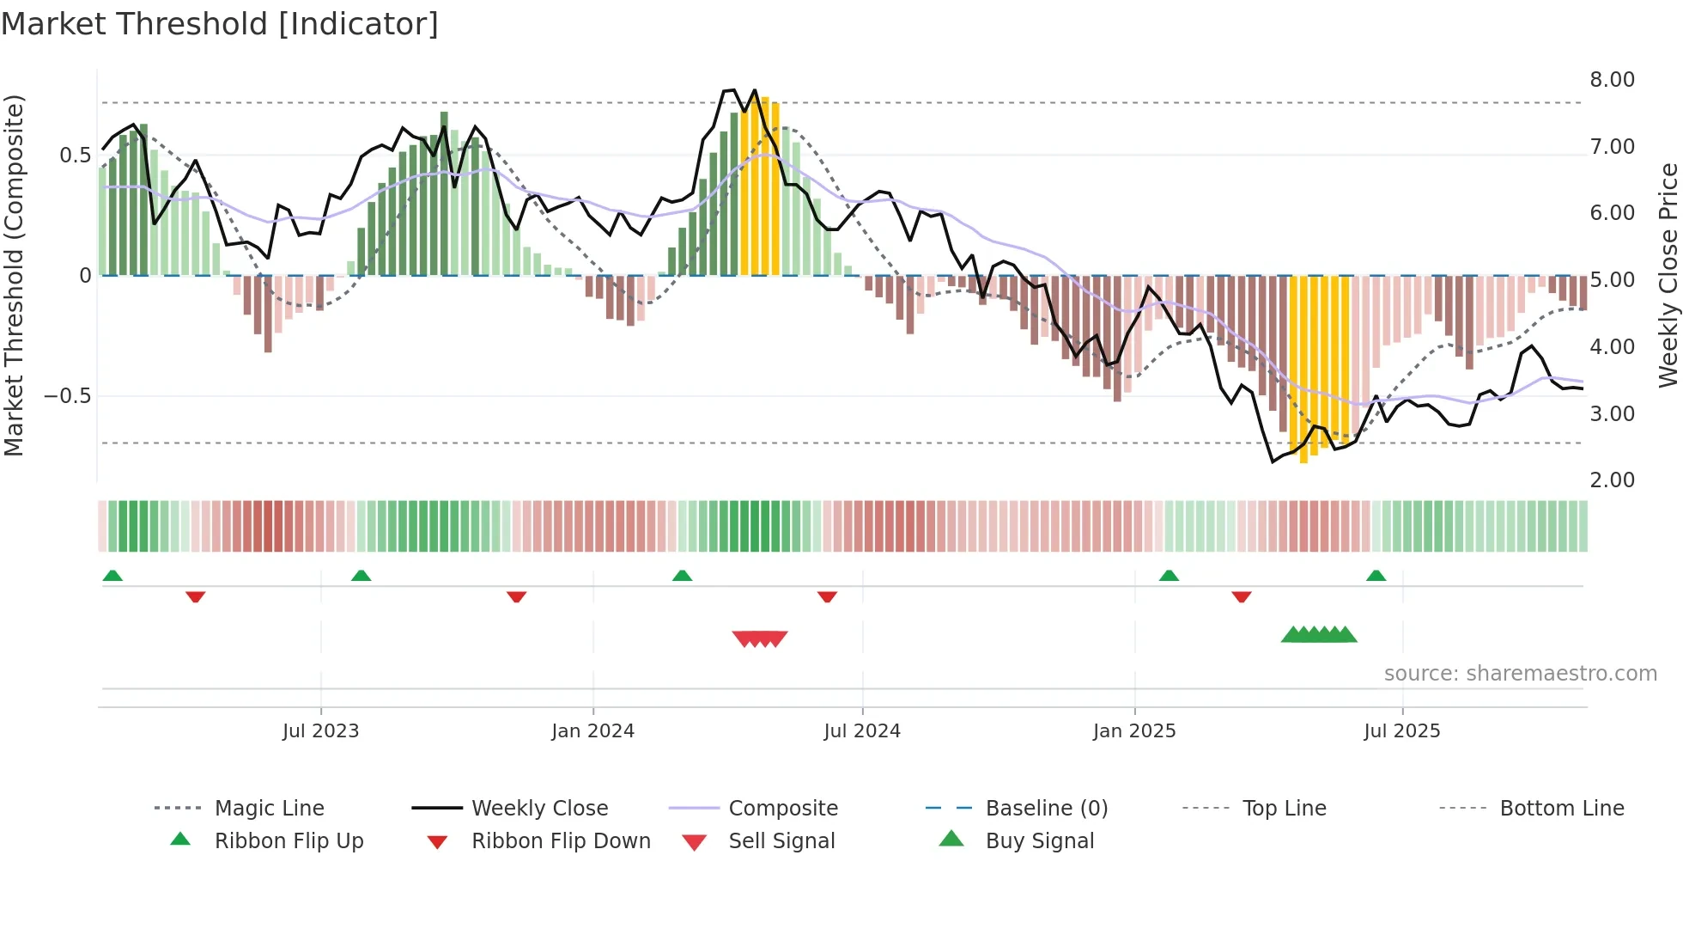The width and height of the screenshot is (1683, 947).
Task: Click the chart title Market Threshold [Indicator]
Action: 220,24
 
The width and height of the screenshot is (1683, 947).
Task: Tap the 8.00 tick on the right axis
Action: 1612,80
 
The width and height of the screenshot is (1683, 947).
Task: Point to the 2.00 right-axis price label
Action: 1612,480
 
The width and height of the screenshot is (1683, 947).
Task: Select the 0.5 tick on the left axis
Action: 75,156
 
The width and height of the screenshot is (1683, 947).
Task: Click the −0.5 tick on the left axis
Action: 67,396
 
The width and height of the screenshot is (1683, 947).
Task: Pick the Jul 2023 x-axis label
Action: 320,731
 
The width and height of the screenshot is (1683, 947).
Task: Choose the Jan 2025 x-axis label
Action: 1133,731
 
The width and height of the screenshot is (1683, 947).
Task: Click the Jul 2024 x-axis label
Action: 861,731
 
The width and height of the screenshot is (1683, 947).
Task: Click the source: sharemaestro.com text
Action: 1520,674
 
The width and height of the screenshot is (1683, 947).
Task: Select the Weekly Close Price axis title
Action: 1668,275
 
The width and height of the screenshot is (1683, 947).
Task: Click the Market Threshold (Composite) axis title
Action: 14,275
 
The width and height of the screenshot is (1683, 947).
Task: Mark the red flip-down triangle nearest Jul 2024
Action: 827,596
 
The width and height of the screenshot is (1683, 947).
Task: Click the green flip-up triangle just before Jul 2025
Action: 1376,576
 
